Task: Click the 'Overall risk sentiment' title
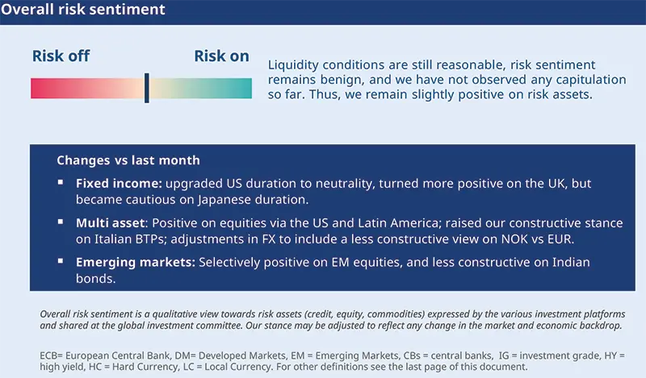point(83,10)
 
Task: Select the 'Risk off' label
point(61,56)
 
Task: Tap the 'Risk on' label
point(222,56)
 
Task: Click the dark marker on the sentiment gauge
point(146,88)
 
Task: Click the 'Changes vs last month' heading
point(128,160)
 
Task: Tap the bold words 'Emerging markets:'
point(134,263)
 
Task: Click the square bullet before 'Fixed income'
point(61,183)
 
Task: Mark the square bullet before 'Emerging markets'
point(61,262)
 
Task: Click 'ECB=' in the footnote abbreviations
point(54,355)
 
